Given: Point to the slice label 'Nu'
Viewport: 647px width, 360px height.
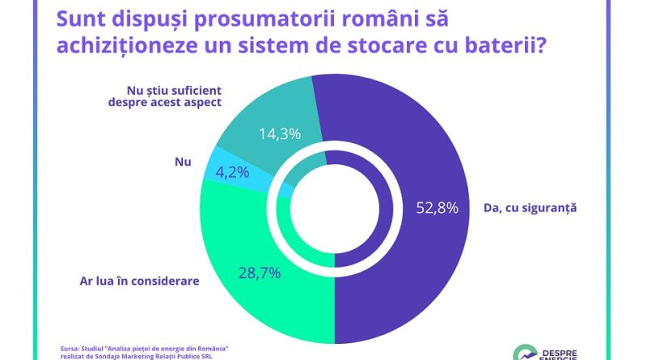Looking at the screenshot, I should (182, 162).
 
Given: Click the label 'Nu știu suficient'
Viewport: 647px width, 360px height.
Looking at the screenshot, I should (175, 90).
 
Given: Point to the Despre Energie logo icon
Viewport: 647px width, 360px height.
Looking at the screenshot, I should (526, 352).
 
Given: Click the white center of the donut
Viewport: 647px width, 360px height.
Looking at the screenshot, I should (335, 208).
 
